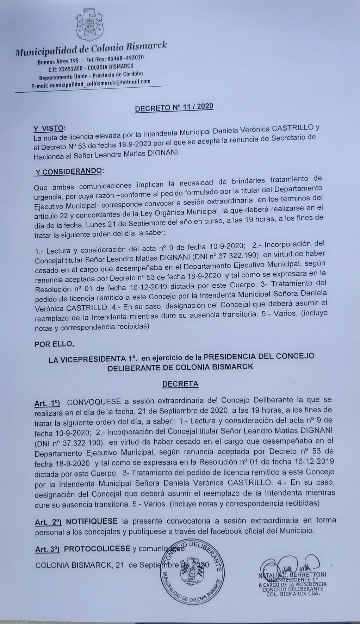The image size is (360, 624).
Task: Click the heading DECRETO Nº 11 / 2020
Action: (174, 106)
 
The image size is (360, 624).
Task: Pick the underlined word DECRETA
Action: (180, 384)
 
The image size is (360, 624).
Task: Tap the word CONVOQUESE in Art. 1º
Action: (94, 402)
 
